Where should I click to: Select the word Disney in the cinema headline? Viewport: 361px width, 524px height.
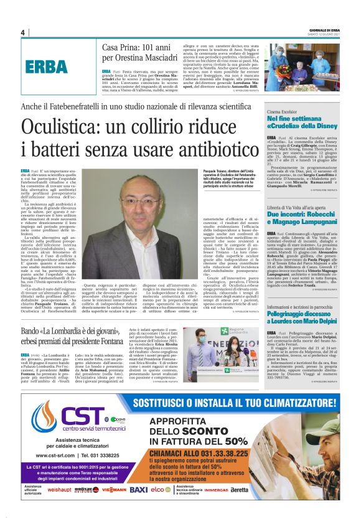tap(325, 124)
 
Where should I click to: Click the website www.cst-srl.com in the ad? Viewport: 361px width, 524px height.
tap(53, 454)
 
